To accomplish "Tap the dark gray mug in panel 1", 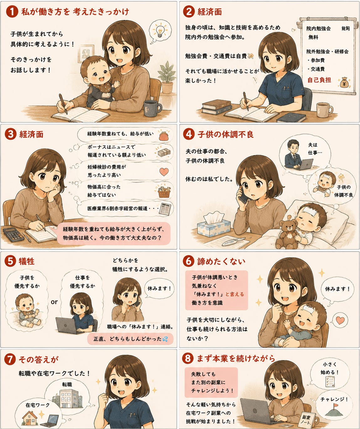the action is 152,108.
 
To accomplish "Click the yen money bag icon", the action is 344,82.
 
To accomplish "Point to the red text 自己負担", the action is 319,80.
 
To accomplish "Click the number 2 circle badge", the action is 189,12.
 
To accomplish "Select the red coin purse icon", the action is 164,135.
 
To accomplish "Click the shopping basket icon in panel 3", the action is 164,192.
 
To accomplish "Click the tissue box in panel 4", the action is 214,224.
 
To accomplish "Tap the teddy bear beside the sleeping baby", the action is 287,232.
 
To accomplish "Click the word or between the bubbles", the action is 54,302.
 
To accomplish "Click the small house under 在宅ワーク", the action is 30,418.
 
